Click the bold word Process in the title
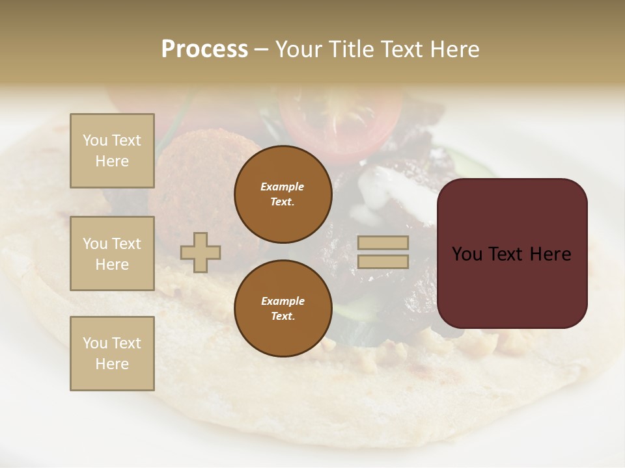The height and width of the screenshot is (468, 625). [x=204, y=49]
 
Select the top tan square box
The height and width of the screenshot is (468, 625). [x=112, y=151]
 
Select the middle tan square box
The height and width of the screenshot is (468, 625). [x=112, y=253]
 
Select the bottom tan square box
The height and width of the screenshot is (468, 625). [x=112, y=353]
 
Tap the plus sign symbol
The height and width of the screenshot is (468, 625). [x=201, y=252]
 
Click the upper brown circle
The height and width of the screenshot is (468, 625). [x=283, y=194]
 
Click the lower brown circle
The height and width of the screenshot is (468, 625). [x=283, y=309]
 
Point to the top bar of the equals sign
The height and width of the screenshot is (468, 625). [x=383, y=243]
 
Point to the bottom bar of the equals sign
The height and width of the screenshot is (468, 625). [x=383, y=262]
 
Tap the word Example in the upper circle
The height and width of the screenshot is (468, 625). [x=283, y=187]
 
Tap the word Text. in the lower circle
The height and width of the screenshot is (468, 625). [x=283, y=317]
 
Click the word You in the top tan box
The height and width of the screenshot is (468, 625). [x=95, y=140]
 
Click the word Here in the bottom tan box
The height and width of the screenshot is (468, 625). [x=112, y=364]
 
